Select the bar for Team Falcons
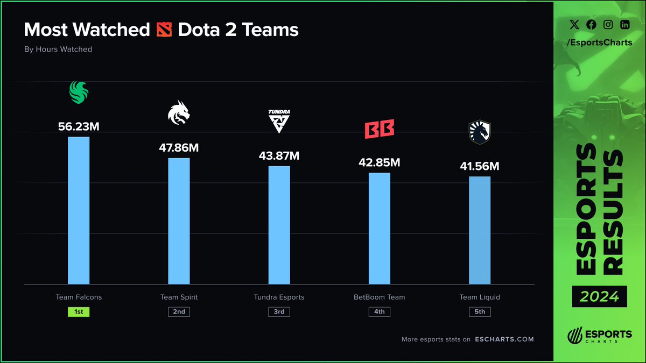[79, 210]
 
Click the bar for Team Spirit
[179, 220]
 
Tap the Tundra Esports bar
[279, 225]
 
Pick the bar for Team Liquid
[480, 230]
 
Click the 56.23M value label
[79, 126]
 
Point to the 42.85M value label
[379, 162]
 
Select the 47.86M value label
[179, 148]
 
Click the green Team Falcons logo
[79, 92]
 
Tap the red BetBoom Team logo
[379, 130]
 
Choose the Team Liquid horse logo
[480, 132]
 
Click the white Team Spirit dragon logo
[179, 113]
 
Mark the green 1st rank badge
[79, 311]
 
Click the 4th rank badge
[379, 311]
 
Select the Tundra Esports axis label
[279, 297]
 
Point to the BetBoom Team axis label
[379, 297]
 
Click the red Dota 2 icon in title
[164, 29]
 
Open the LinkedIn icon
[624, 24]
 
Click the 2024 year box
[599, 296]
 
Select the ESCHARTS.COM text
[505, 339]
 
